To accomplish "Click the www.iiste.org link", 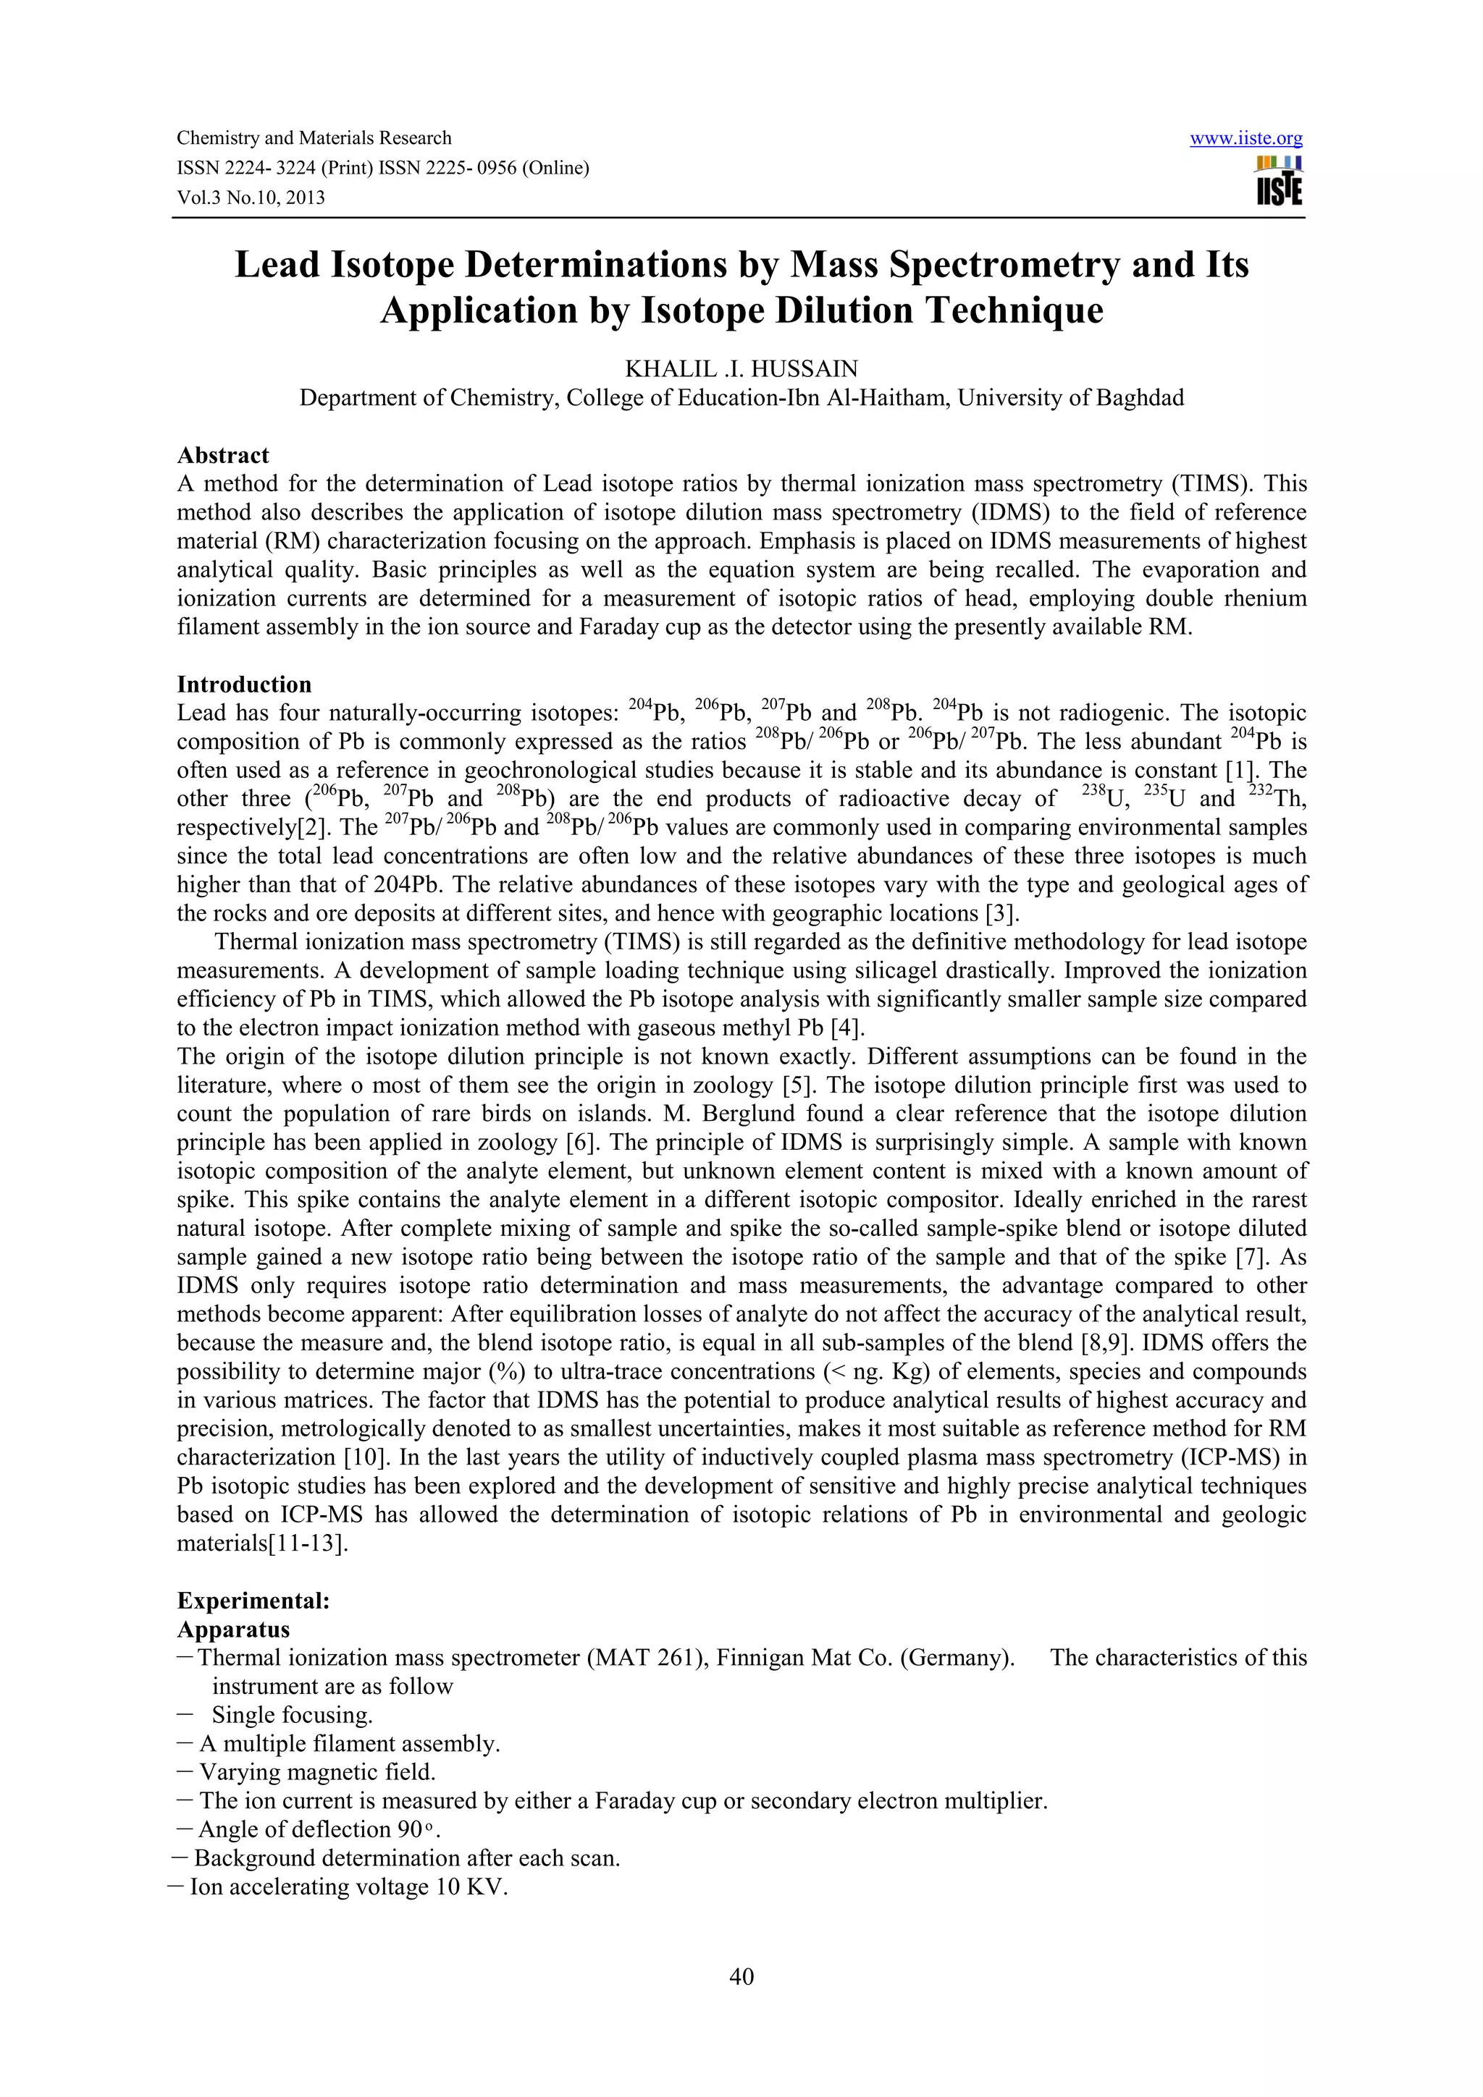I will coord(1245,139).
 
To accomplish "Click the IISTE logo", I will coord(1280,182).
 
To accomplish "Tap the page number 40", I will coord(741,1976).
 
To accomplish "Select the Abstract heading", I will coord(223,455).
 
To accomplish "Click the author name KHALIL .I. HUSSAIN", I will coord(741,369).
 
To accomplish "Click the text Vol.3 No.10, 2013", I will coord(251,198).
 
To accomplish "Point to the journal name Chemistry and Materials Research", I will coord(314,138).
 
